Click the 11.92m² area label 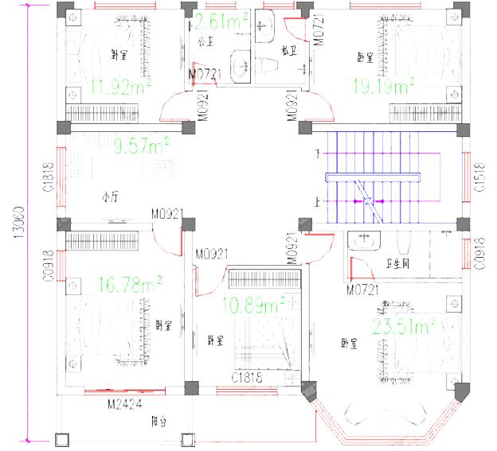coord(122,85)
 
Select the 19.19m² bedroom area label coord(385,85)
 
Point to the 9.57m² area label coord(142,146)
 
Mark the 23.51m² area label coord(404,325)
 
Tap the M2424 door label coord(123,403)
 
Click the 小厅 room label coord(110,195)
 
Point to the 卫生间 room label coord(397,265)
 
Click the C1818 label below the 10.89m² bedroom coord(247,379)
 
